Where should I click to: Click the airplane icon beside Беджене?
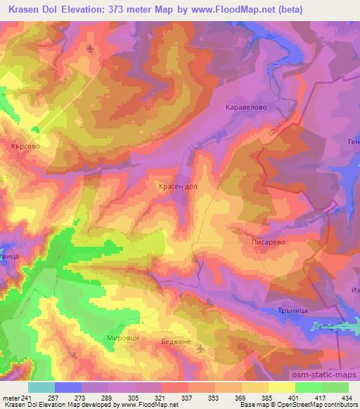click(201, 349)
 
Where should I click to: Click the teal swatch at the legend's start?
click(41, 387)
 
